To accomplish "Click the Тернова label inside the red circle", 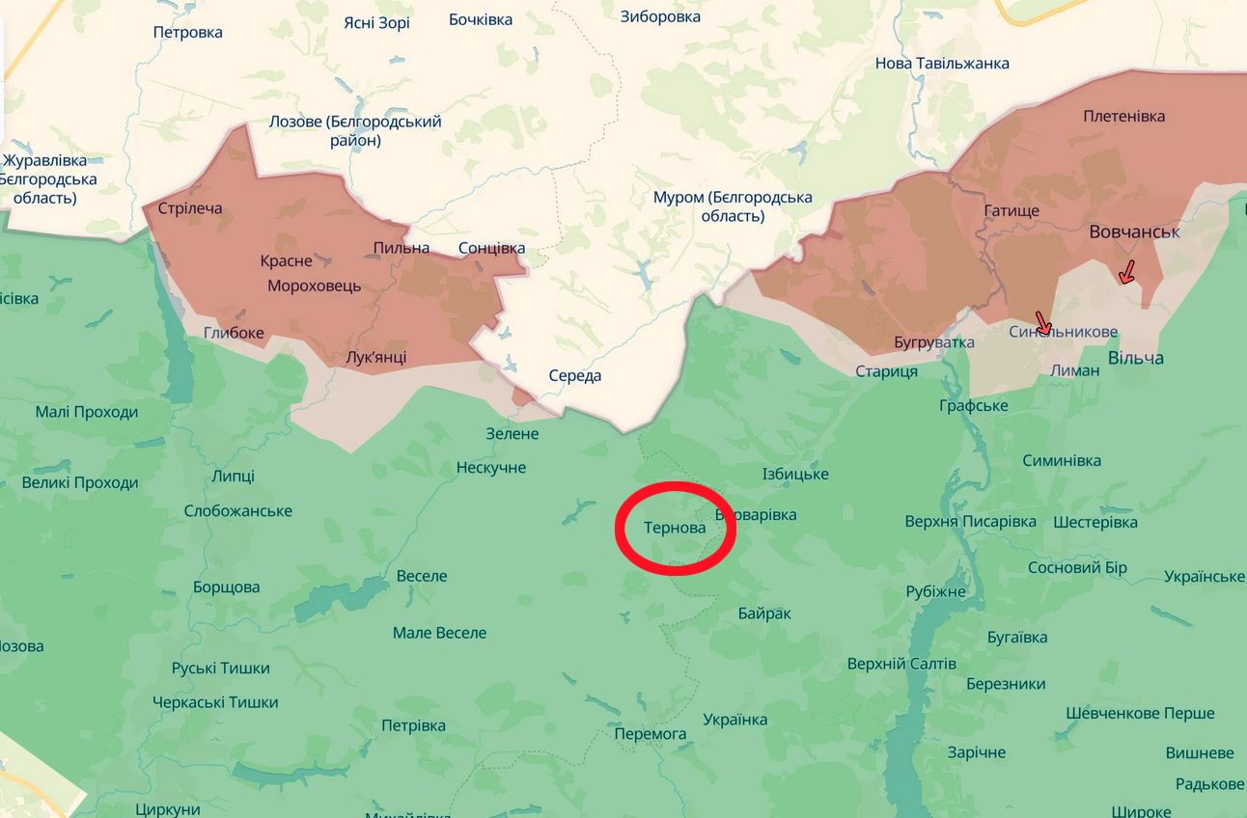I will pos(675,528).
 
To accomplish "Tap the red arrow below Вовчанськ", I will pos(1126,272).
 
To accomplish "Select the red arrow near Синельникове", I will pos(1042,323).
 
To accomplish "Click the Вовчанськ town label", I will pos(1134,232).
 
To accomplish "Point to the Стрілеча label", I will pos(189,208).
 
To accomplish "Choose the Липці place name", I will pos(233,476).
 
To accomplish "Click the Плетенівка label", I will pos(1123,116).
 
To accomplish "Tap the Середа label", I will pos(574,375).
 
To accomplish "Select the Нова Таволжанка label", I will pos(942,63).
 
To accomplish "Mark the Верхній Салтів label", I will pos(901,664).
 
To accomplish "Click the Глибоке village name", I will pos(234,333).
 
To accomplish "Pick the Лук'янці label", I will pos(375,357).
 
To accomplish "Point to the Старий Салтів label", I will pos(886,371).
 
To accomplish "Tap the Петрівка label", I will pos(413,724).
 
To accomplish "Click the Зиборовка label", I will pos(660,15).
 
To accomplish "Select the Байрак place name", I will pos(763,613).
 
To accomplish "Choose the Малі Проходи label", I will pos(87,412).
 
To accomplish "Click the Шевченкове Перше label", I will pos(1140,713).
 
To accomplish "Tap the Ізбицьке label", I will pos(795,474).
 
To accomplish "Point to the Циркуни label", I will pos(168,808).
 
